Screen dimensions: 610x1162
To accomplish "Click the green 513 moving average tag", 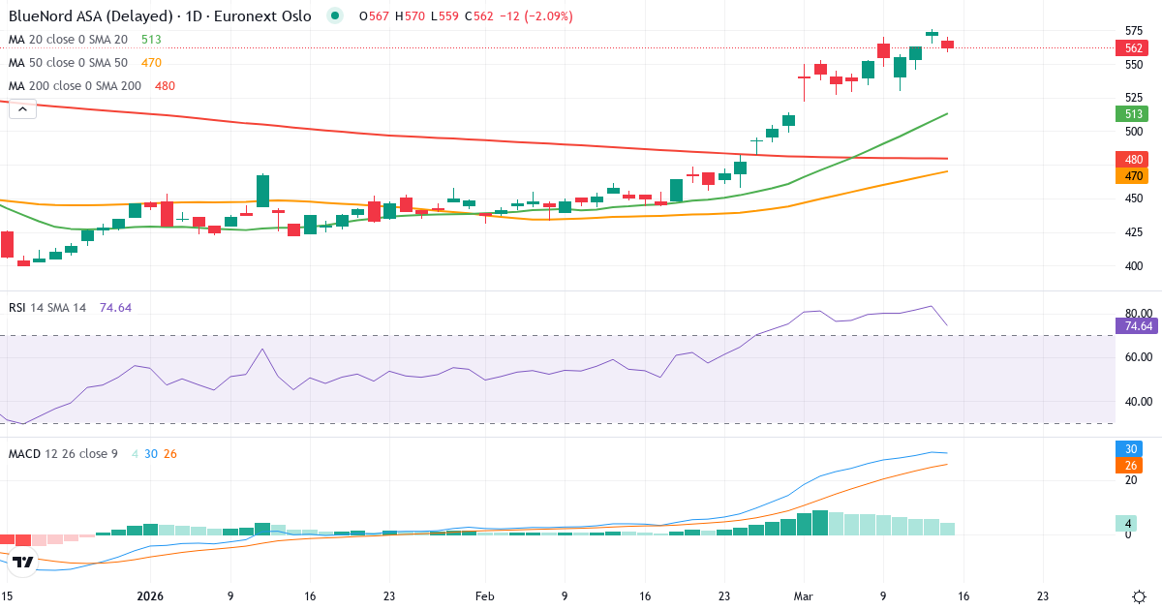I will [x=1131, y=113].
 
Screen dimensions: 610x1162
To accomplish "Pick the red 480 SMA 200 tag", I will [x=1131, y=159].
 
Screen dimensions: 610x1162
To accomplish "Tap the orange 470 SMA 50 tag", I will [x=1131, y=176].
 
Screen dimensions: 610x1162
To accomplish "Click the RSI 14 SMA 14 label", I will [x=47, y=308].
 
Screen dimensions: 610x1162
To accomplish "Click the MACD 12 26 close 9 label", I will [x=63, y=453].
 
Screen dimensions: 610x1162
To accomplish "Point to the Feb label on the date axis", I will [x=485, y=597].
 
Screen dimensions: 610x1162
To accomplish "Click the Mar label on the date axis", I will [x=804, y=597].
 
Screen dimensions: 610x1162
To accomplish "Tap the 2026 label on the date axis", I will [x=151, y=597].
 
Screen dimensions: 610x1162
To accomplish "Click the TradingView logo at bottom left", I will [x=24, y=562].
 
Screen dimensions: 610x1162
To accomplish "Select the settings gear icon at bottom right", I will [x=1140, y=596].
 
